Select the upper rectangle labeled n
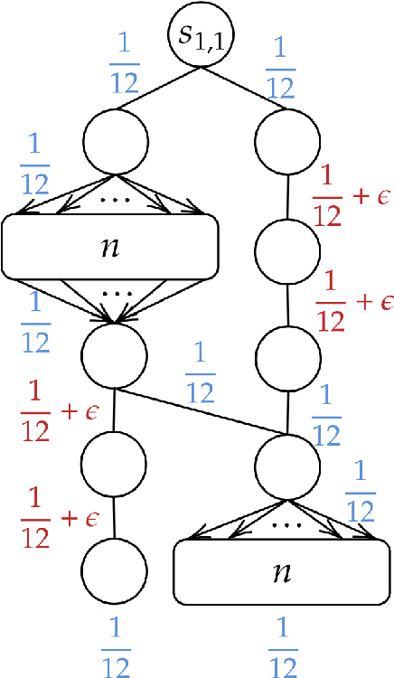click(x=111, y=246)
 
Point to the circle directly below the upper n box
click(x=115, y=355)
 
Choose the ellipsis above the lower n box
click(x=285, y=523)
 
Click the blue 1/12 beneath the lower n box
click(x=285, y=645)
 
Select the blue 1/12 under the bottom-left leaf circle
click(x=115, y=645)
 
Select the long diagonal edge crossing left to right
click(x=199, y=410)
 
